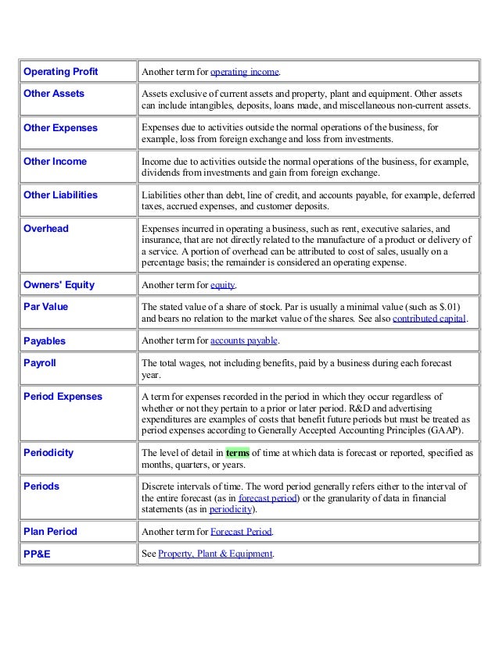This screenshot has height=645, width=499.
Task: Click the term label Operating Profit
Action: coord(60,72)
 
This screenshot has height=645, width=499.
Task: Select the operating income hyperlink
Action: coord(245,73)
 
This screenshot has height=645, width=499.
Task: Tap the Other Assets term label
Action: coord(54,94)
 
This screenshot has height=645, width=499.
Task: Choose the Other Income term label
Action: coord(56,161)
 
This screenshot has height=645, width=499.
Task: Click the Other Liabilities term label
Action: coord(61,194)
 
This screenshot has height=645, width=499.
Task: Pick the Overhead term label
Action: coord(46,229)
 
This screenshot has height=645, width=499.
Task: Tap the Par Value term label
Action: coord(46,307)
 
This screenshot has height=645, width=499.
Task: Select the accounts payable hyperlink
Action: coord(244,341)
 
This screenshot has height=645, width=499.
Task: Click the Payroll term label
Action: coord(41,363)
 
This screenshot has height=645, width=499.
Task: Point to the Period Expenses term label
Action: coord(63,397)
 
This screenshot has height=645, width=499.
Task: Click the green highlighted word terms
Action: coord(238,452)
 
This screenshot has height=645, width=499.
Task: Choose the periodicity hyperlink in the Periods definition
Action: coord(226,508)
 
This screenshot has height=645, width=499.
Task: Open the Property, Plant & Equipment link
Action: coord(215,554)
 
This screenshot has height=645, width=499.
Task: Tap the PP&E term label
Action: coord(38,554)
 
